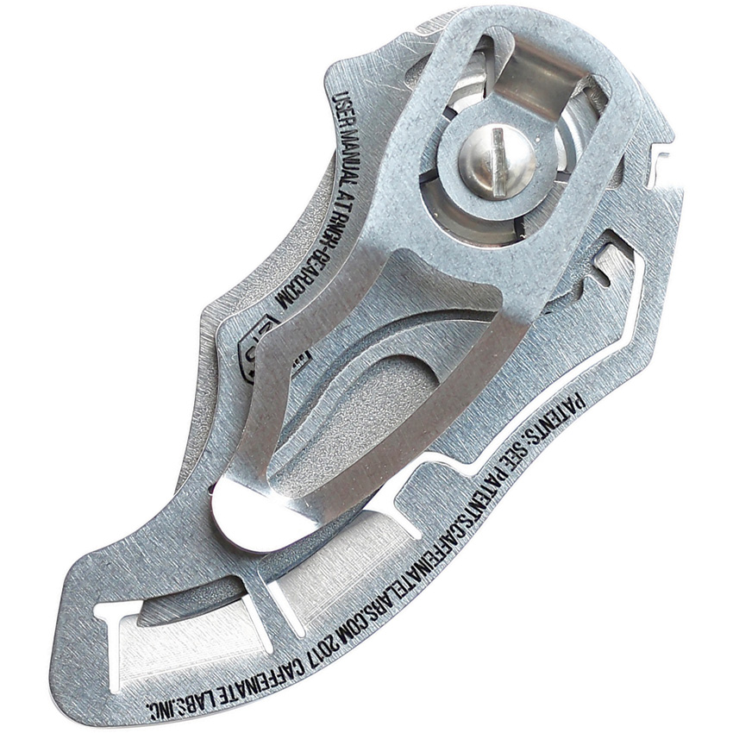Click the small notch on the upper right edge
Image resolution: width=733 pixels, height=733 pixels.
point(664,160)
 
